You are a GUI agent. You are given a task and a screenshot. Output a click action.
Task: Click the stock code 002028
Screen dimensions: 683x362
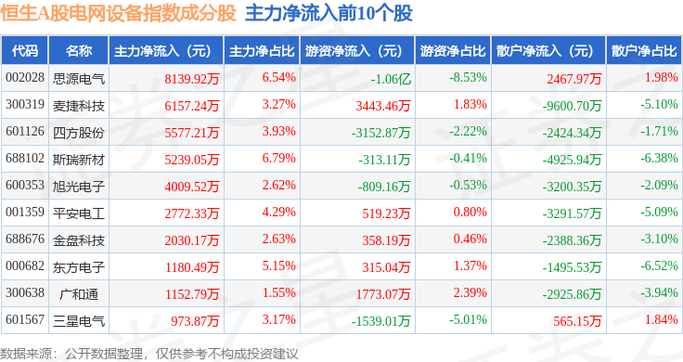25,78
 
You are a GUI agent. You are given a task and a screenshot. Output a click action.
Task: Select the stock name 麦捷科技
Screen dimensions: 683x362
79,106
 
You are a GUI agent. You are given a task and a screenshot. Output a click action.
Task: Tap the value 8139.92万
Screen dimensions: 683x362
192,79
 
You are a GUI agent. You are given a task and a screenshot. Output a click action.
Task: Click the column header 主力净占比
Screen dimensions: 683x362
262,51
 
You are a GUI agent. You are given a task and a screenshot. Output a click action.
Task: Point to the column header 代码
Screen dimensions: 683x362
25,51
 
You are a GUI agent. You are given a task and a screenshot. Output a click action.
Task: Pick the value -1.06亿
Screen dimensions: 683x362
391,79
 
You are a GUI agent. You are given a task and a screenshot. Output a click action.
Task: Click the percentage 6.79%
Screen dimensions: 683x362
278,158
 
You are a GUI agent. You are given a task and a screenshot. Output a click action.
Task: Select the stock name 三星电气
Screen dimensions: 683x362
79,321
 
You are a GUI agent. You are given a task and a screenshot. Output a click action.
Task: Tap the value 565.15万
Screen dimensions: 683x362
577,321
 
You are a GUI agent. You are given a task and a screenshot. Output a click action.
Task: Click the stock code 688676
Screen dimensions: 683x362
25,239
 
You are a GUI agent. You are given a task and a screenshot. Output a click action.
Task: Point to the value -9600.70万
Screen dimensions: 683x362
572,106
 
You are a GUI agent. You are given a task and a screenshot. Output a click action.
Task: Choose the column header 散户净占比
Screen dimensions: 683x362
644,51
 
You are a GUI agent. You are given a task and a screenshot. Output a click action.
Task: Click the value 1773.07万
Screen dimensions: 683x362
383,294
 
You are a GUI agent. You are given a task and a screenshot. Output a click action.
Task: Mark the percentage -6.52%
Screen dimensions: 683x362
659,265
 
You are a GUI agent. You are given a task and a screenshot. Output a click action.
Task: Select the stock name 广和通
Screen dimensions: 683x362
79,294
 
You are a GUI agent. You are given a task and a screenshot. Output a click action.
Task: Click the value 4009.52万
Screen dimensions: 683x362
192,187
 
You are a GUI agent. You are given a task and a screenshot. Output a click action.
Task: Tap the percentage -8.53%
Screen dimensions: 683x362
468,78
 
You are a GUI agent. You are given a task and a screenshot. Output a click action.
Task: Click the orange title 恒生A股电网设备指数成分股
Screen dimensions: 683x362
118,14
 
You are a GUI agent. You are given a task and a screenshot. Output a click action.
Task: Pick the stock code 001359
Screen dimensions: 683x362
25,213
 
